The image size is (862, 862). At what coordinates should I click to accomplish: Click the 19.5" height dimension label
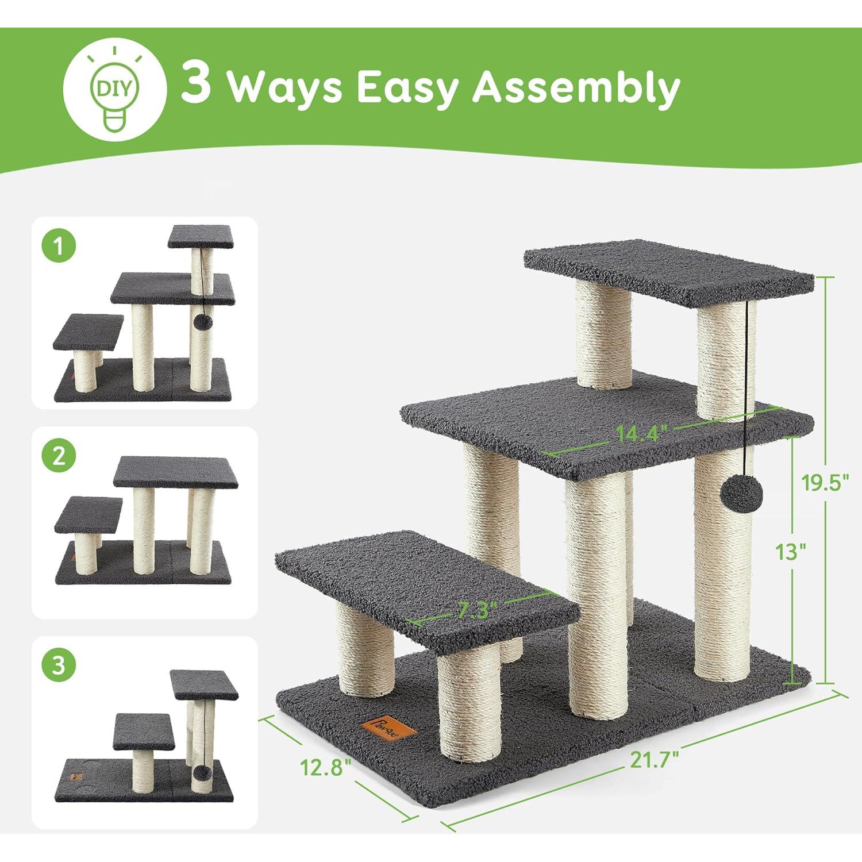click(x=825, y=483)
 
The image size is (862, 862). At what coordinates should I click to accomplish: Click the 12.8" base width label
click(x=325, y=766)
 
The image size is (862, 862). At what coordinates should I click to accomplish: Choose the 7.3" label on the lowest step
click(x=474, y=610)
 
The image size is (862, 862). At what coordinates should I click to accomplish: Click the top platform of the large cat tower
click(x=668, y=272)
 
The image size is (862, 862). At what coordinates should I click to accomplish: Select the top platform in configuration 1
click(x=201, y=236)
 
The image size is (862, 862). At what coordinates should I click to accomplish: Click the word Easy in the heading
click(x=407, y=88)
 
